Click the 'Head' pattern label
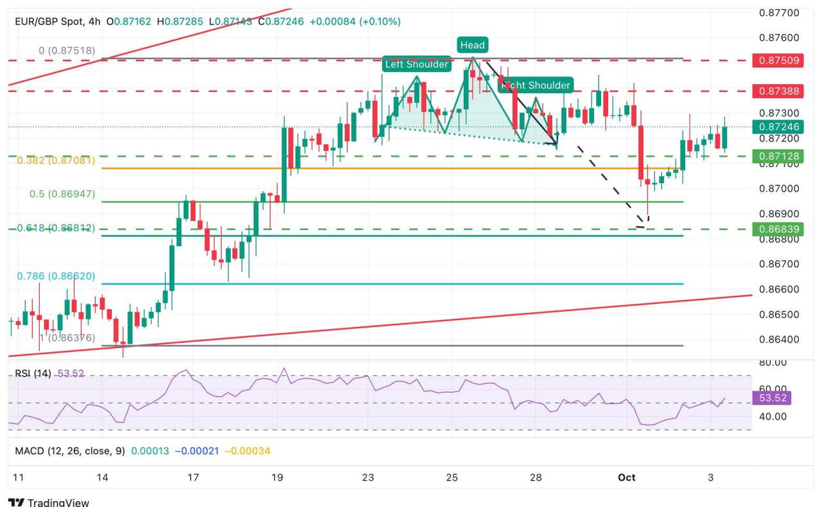click(x=472, y=45)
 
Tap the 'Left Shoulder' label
click(x=416, y=64)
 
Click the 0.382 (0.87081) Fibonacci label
click(x=63, y=161)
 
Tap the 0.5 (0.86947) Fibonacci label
click(x=62, y=194)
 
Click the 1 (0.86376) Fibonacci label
click(x=58, y=337)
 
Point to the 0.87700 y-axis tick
click(x=778, y=13)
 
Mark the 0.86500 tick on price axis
click(x=778, y=314)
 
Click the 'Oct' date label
click(x=626, y=477)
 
